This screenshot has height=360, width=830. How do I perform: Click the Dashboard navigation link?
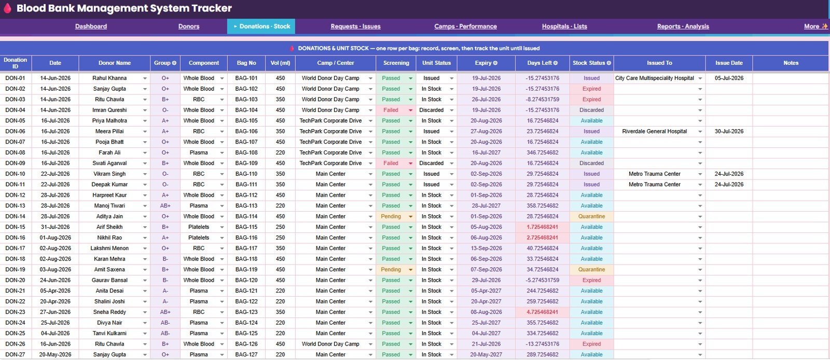pos(91,26)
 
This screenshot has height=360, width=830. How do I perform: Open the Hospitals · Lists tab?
pos(564,26)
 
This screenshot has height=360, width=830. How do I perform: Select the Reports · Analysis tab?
pos(683,26)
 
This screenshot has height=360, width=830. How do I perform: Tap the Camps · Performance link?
pos(465,26)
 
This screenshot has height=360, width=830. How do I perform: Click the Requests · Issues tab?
pos(355,26)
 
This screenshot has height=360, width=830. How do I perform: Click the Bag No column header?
pos(246,63)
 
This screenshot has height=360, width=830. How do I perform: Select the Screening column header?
pos(396,63)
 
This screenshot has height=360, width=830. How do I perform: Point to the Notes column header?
pos(791,63)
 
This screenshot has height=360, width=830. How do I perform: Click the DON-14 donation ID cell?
pos(15,216)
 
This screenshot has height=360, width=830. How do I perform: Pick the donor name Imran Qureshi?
pos(109,110)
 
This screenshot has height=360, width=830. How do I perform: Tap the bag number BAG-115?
pos(246,227)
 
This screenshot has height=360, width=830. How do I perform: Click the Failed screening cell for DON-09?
pos(391,163)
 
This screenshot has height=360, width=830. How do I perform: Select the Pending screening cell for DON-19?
pos(391,270)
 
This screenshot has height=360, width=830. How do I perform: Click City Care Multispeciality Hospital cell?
pos(654,78)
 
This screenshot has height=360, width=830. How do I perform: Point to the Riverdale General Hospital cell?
pos(654,131)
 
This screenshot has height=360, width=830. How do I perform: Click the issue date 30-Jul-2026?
pos(729,131)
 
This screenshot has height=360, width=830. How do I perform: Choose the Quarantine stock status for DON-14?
pos(591,216)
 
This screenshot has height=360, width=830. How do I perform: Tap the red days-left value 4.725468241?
pos(542,312)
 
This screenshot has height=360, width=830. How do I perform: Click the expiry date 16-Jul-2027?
pos(486,153)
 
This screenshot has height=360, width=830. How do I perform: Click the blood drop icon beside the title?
pos(7,8)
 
